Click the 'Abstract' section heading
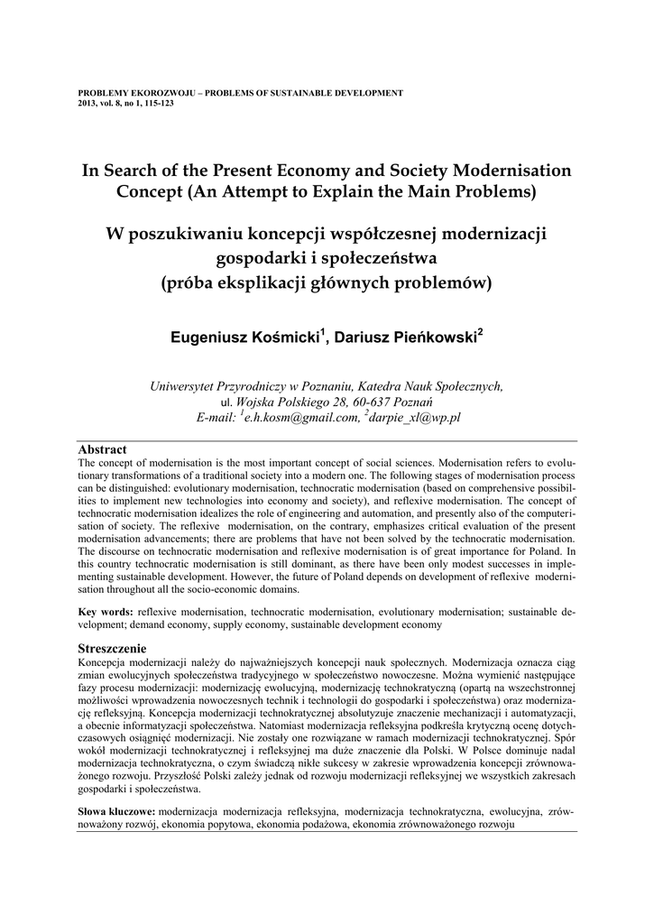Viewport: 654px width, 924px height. [102, 449]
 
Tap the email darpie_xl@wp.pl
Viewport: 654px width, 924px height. [416, 418]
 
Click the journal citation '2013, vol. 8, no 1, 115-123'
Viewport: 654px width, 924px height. [126, 104]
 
